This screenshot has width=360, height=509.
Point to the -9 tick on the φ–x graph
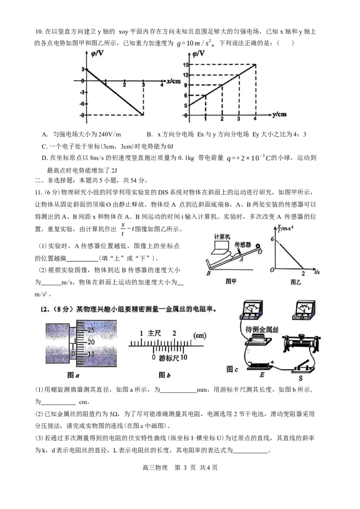pos(82,116)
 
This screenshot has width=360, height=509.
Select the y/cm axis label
pos(279,115)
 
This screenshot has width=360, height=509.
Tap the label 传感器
pos(243,245)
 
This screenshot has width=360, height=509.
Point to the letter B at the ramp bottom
pos(209,273)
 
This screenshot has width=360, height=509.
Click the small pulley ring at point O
pos(258,246)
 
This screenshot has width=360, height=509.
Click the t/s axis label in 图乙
pos(317,272)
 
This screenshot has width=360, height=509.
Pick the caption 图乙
pos(296,282)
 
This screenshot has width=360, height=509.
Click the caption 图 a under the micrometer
pos(73,375)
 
